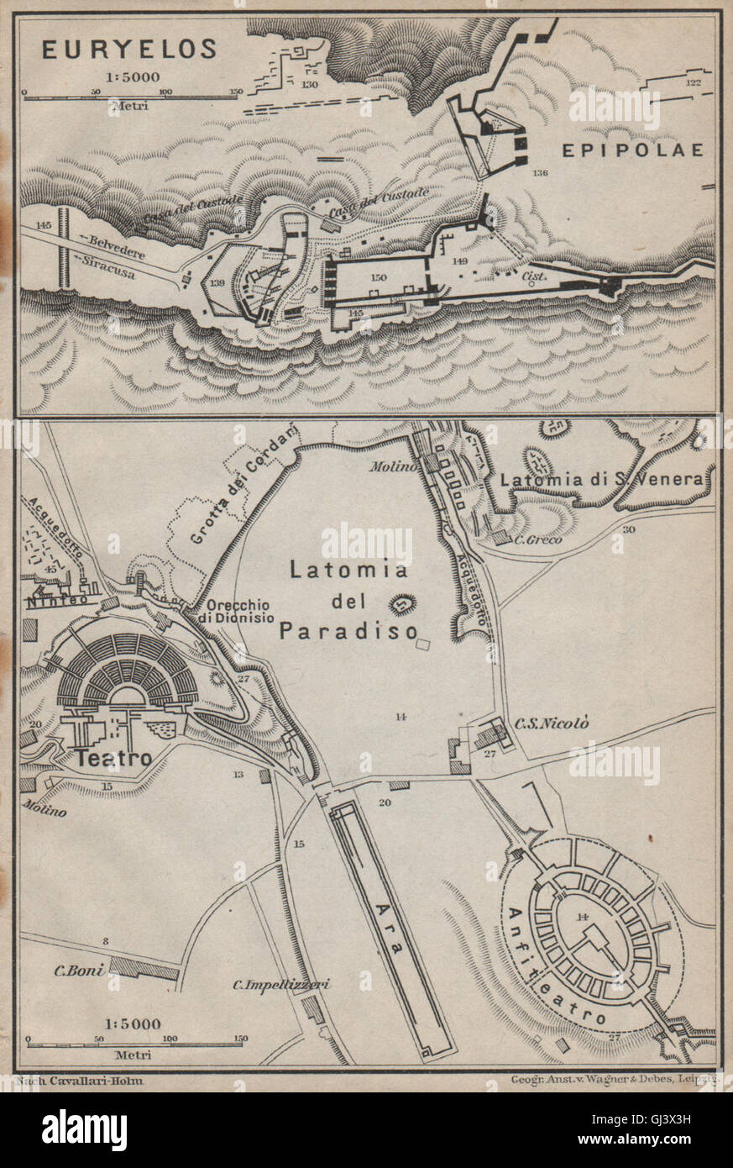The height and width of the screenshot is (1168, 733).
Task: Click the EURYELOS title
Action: [131, 50]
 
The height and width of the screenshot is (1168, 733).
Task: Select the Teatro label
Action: [114, 758]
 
